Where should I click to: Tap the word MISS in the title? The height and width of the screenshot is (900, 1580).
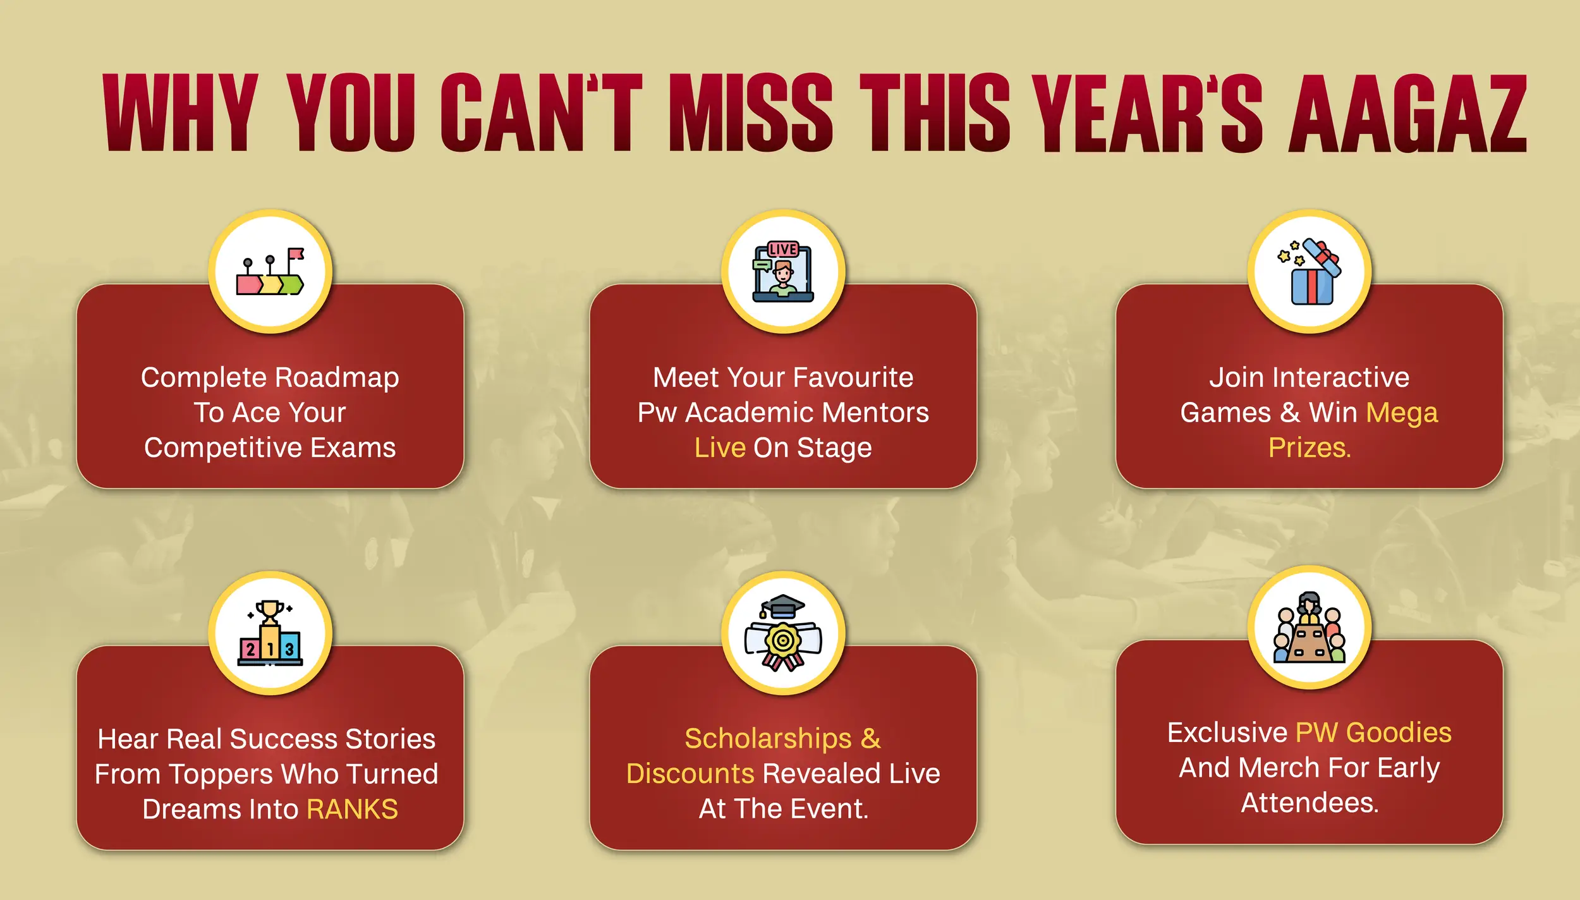(x=751, y=113)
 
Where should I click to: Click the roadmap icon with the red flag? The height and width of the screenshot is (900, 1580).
(x=270, y=271)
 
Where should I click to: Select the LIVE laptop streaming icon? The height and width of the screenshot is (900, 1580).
(x=783, y=271)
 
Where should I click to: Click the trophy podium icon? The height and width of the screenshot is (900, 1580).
(x=270, y=633)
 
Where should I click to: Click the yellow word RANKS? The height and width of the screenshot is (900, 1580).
(x=352, y=809)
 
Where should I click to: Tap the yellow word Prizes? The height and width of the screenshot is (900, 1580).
(x=1309, y=447)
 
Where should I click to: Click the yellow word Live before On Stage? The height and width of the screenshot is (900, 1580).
(x=720, y=447)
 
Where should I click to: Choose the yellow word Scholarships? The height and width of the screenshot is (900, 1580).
(x=768, y=739)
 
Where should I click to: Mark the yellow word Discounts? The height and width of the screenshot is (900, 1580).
(x=690, y=774)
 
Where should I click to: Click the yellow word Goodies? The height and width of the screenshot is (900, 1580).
(x=1399, y=733)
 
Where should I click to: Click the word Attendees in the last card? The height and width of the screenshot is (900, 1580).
(x=1310, y=803)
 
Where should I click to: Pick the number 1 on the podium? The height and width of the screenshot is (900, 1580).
(x=270, y=648)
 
